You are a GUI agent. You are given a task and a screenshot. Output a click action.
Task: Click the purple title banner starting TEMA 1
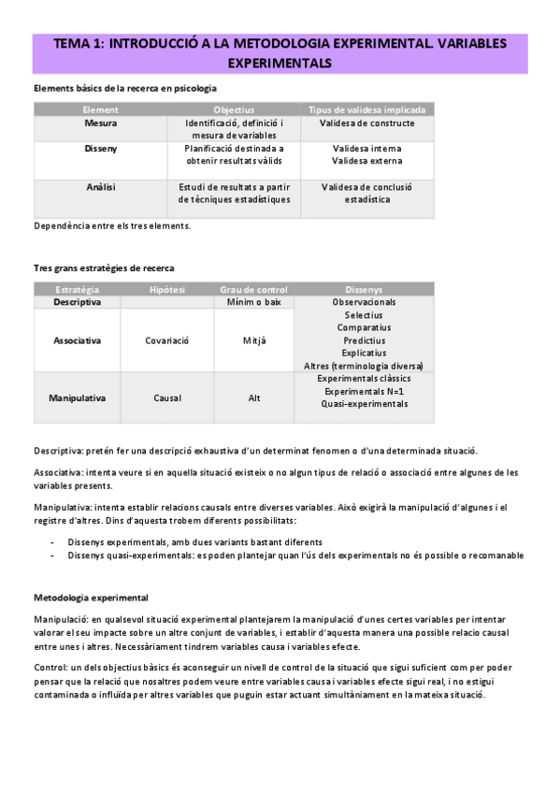(x=280, y=52)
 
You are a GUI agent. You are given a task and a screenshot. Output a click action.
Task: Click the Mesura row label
(x=101, y=123)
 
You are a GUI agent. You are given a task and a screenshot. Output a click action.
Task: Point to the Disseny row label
(x=101, y=148)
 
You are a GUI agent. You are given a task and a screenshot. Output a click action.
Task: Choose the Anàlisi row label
(x=101, y=186)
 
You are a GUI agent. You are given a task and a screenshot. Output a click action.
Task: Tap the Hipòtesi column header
(x=167, y=290)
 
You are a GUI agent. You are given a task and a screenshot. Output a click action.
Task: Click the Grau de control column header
(x=253, y=290)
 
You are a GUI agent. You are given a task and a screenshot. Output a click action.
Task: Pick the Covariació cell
(x=167, y=340)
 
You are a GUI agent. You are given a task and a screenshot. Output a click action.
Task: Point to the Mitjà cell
(x=253, y=340)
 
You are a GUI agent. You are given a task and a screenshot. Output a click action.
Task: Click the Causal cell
(x=167, y=397)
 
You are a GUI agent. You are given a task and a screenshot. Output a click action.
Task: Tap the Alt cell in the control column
(x=253, y=397)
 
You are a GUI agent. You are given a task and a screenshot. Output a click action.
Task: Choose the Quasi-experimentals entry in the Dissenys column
(x=364, y=404)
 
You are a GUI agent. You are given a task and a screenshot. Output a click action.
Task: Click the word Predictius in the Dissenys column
(x=364, y=340)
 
